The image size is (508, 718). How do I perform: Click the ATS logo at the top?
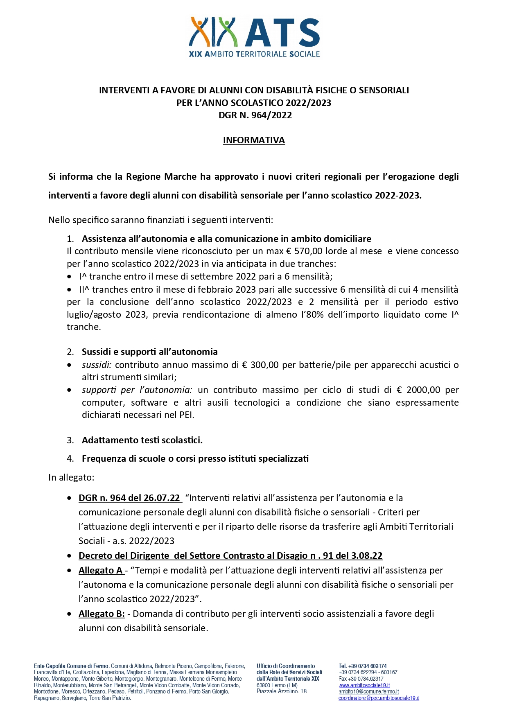[x=254, y=37]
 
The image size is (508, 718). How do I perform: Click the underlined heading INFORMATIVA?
[x=254, y=140]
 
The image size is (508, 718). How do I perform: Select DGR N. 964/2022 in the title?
[x=255, y=115]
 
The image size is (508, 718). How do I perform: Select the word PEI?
[x=186, y=415]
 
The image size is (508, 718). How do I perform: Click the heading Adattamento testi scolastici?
[x=142, y=440]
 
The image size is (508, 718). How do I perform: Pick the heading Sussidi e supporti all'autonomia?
[x=149, y=352]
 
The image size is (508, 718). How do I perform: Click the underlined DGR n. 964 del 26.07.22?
[x=129, y=498]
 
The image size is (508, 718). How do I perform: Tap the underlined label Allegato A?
[x=101, y=571]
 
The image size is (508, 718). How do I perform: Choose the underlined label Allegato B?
[x=102, y=614]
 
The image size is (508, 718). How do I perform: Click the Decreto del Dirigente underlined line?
[x=230, y=556]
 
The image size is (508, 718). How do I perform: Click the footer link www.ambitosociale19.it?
[x=364, y=685]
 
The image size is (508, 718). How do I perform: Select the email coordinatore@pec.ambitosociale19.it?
[x=379, y=698]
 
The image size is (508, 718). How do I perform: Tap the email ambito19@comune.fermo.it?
[x=369, y=691]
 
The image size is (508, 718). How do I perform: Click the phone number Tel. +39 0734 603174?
[x=363, y=666]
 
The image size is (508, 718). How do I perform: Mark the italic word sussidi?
[x=97, y=365]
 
